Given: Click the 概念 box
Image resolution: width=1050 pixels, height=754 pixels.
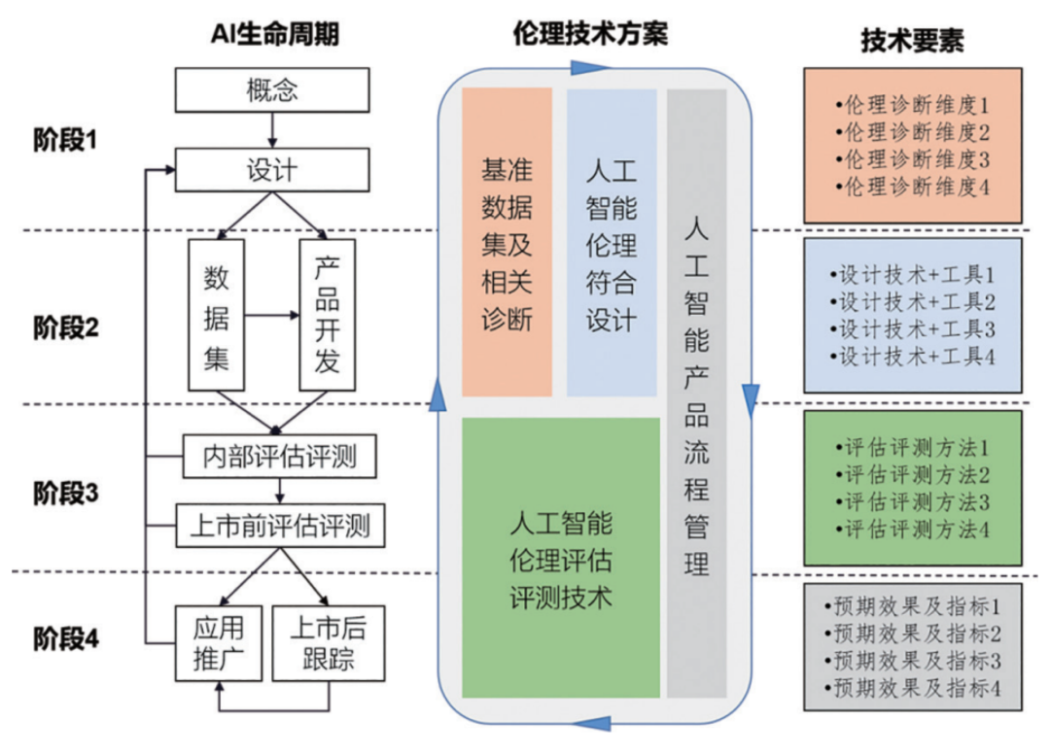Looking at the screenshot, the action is pos(272,89).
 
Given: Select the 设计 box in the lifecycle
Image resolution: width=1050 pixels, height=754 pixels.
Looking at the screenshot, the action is pos(272,170).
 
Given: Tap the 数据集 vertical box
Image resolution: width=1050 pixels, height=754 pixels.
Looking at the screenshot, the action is pos(216,315).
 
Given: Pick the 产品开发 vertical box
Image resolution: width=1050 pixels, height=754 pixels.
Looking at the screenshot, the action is pos(328,315).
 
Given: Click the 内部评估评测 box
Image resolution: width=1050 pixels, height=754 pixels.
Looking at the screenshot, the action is pos(279,457).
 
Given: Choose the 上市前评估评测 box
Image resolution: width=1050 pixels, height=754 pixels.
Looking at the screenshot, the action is pos(280,526).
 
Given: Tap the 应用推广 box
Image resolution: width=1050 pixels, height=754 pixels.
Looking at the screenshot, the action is pos(219,643).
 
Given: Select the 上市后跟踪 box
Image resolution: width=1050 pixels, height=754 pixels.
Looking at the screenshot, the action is pos(329,643).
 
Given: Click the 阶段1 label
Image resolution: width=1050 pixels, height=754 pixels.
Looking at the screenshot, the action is pos(66,141).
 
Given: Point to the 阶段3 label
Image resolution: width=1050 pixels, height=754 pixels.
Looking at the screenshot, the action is pos(66,493).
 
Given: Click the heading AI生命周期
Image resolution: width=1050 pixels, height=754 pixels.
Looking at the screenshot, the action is pos(275,33).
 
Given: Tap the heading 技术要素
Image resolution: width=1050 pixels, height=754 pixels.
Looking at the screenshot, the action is pos(912,40).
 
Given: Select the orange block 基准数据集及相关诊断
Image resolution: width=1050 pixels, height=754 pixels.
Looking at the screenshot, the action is pos(507,242).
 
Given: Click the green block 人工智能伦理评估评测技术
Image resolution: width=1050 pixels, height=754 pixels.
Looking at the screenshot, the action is pos(561,558).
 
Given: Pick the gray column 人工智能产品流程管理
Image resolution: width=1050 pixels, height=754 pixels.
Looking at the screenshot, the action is pos(696,394).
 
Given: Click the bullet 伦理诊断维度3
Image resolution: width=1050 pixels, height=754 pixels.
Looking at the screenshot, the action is pos(912,160).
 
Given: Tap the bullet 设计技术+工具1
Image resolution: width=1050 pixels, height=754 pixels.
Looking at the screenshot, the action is pos(912,275).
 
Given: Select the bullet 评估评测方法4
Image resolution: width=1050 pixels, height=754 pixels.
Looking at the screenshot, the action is pos(912,530).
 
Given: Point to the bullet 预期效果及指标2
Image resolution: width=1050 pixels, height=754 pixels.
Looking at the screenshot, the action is pos(912,634).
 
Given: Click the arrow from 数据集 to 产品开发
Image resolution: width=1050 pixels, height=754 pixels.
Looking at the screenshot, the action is pos(272,315).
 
